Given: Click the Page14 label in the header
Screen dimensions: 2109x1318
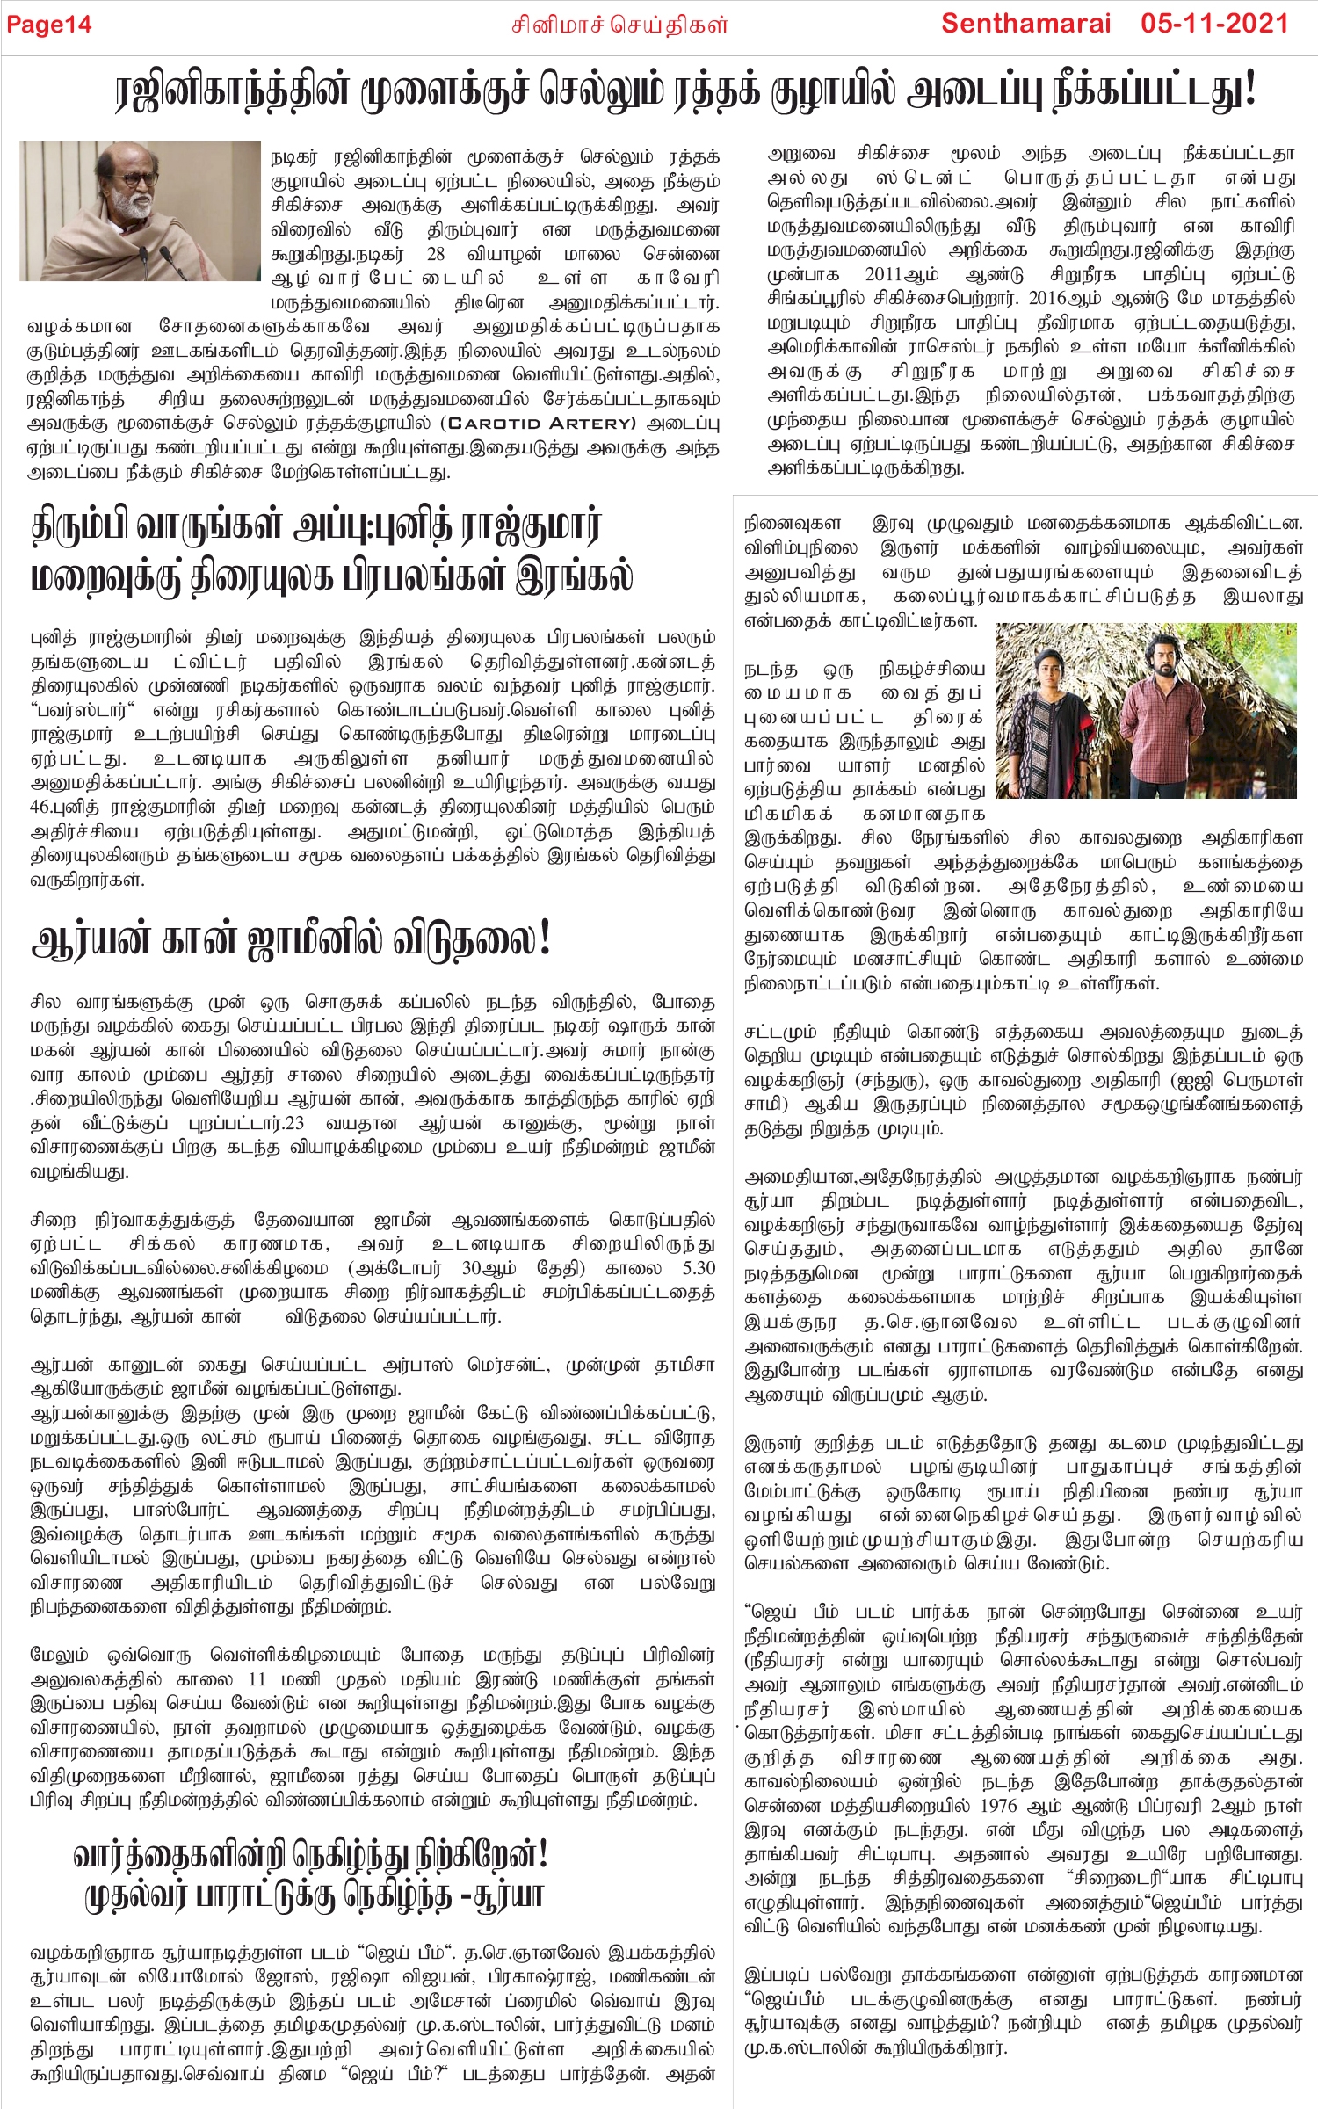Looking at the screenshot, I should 49,25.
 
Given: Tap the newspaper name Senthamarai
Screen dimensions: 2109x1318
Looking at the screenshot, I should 1025,24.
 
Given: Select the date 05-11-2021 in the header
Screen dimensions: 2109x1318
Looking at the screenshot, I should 1215,24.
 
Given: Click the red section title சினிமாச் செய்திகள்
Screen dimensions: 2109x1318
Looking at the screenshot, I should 619,25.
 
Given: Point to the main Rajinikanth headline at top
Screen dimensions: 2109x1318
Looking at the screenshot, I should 685,91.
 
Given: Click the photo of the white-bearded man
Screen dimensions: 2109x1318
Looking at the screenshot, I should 140,211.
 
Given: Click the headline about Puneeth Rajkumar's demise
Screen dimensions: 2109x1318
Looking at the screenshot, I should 332,552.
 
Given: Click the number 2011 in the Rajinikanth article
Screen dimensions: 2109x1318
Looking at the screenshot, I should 894,275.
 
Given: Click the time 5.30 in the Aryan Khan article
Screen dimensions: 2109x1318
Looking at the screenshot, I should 699,1268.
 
